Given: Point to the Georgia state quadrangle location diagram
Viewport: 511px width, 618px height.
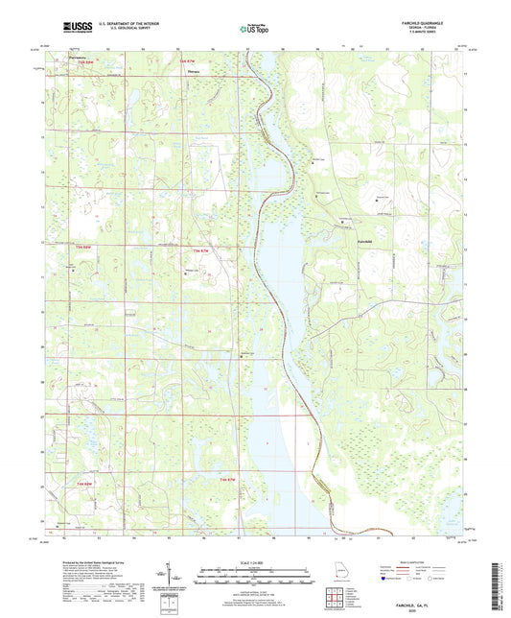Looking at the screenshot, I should (330, 577).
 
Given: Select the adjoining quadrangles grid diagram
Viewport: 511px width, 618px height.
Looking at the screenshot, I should (333, 600).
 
